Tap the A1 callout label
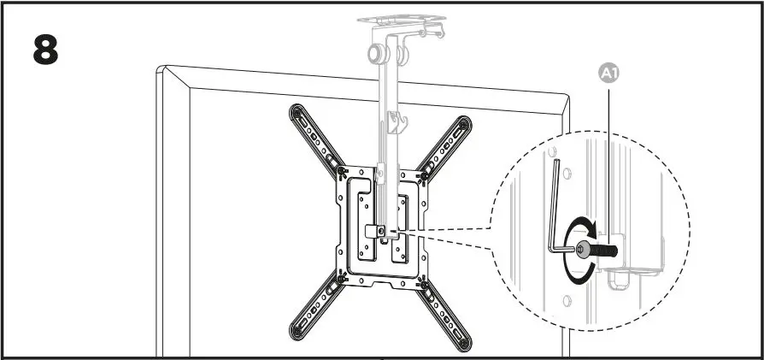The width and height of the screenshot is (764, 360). coord(607,74)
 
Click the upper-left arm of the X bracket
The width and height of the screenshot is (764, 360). coord(316,137)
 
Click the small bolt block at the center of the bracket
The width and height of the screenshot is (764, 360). coord(373,231)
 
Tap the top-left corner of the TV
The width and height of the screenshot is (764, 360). coord(162,70)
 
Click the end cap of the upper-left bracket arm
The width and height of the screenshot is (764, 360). coord(296,109)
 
